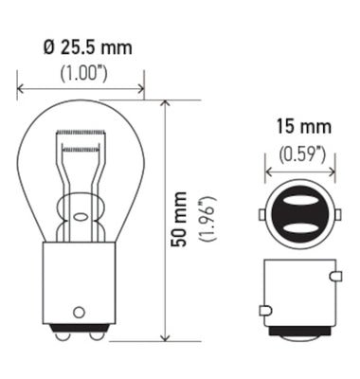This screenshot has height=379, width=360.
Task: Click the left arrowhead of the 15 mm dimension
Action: point(267,171)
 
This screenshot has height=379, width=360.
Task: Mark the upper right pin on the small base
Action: point(335,276)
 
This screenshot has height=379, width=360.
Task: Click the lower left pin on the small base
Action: point(264,310)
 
